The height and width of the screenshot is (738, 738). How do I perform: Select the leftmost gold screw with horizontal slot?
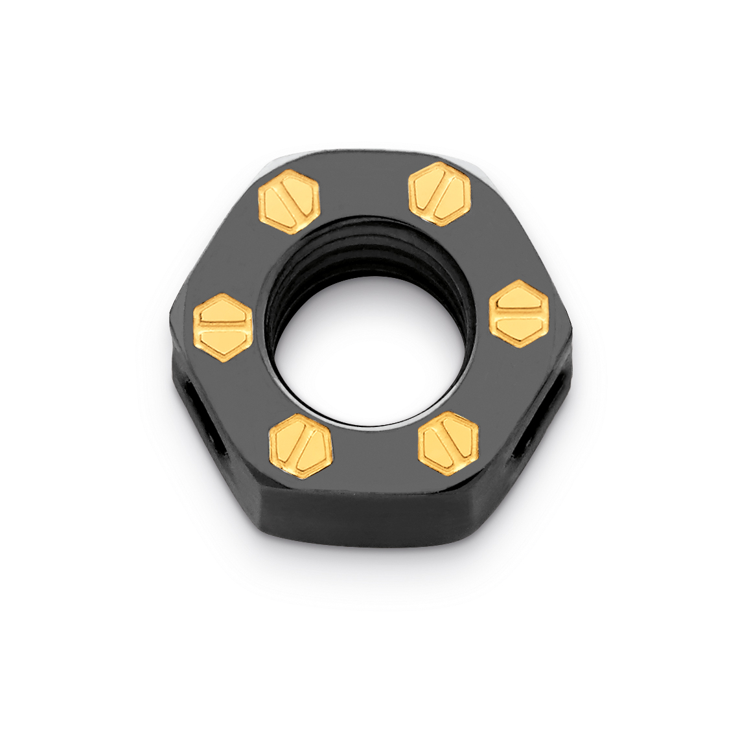[x=222, y=321]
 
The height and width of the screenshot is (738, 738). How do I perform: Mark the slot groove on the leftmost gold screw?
[x=222, y=321]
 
